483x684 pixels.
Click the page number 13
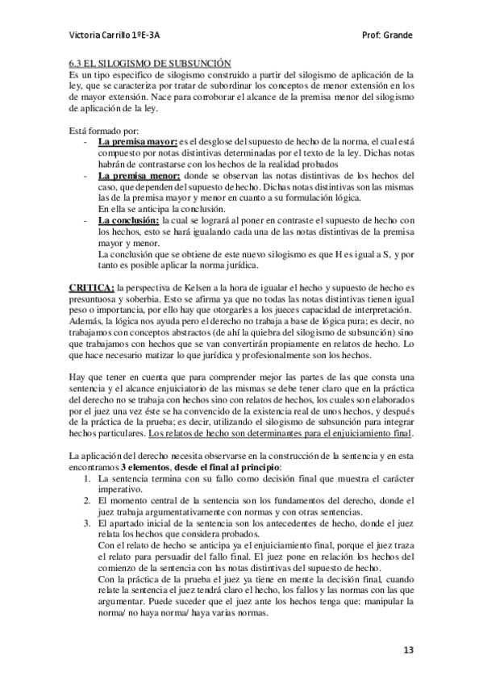(x=410, y=649)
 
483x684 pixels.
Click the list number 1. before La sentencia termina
(x=88, y=478)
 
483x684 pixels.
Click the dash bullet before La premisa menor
(x=86, y=176)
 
